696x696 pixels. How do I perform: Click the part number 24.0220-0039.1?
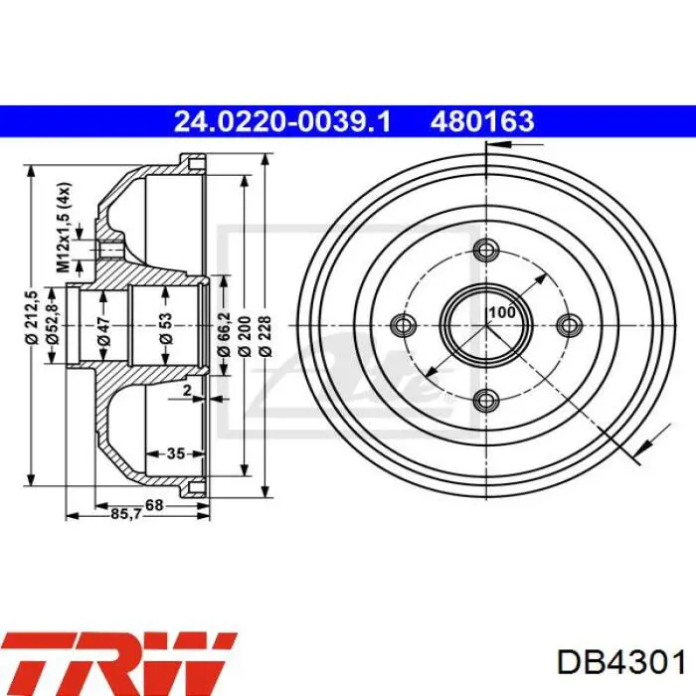point(282,121)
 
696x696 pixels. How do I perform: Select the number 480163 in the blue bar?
point(482,121)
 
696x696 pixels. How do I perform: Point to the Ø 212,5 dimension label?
point(32,317)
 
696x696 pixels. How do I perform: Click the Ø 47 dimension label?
point(103,331)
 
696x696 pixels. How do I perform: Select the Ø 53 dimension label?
point(165,328)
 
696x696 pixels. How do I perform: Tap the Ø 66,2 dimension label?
point(224,332)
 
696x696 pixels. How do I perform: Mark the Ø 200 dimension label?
point(244,336)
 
